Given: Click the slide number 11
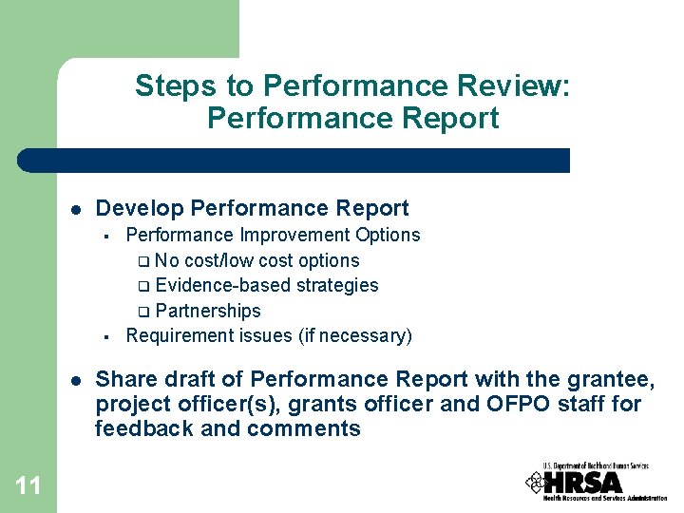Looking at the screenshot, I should [x=28, y=486].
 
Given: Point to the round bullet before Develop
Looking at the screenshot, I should [x=74, y=209].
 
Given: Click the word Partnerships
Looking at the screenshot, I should [x=207, y=311].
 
